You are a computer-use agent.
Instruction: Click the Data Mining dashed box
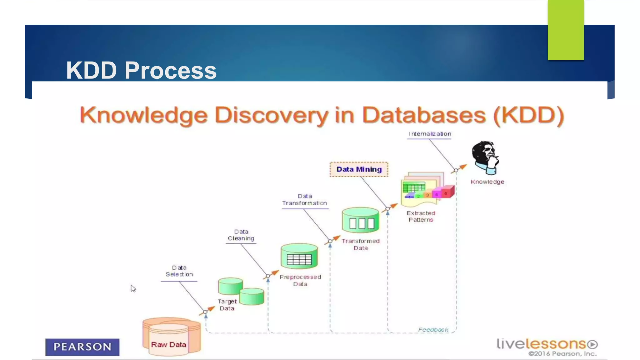tap(359, 169)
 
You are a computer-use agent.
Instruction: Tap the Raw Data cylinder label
tap(168, 344)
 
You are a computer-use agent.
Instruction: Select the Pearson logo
tap(82, 347)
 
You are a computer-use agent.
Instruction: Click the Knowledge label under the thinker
tap(487, 182)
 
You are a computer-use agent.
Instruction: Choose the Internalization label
tap(430, 134)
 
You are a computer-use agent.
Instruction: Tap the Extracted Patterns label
tap(421, 216)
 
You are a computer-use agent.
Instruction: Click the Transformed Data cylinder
tap(360, 220)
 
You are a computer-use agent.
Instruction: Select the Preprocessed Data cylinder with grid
tap(299, 256)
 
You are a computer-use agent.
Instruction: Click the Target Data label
tap(227, 305)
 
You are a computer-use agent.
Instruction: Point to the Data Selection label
tap(179, 271)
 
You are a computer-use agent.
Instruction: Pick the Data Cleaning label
tap(241, 235)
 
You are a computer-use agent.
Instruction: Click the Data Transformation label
tap(304, 200)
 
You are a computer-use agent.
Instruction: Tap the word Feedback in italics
tap(433, 330)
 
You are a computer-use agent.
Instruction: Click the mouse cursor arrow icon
tap(133, 288)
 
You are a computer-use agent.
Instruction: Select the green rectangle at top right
tap(566, 30)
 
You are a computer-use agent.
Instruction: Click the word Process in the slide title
tap(171, 70)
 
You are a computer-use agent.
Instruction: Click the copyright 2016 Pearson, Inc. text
tap(562, 354)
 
